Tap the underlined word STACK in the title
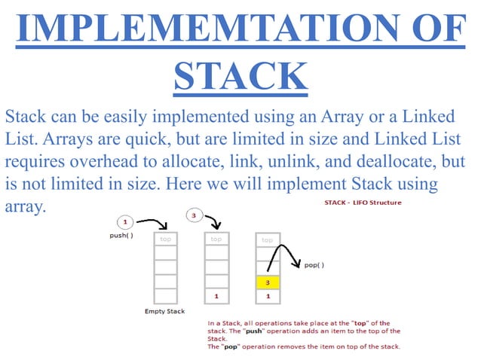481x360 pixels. click(x=240, y=76)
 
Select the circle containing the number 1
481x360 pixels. click(x=125, y=222)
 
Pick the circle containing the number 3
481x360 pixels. click(x=195, y=216)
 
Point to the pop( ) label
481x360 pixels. click(x=314, y=266)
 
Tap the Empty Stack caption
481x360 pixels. click(x=165, y=310)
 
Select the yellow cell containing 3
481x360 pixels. click(x=268, y=282)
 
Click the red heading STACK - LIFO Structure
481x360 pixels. click(x=362, y=203)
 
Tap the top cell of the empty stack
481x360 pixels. click(x=165, y=239)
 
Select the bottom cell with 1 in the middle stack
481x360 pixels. click(x=216, y=296)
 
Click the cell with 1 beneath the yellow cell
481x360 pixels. click(x=268, y=296)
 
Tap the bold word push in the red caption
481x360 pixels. click(x=265, y=331)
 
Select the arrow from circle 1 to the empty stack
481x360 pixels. click(x=155, y=224)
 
